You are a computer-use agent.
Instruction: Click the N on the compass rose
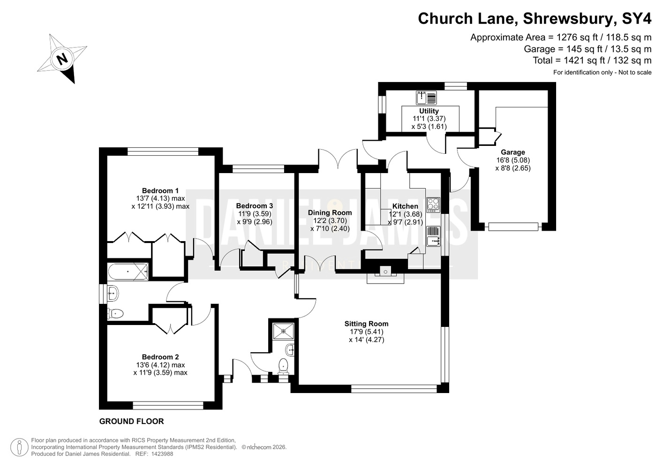pos(62,59)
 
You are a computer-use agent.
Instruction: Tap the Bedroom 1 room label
pos(160,191)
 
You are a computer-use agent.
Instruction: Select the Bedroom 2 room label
pos(160,357)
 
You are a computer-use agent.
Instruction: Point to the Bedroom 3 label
pos(255,206)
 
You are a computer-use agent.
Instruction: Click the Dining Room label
pos(330,212)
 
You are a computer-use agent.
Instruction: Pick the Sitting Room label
pos(366,324)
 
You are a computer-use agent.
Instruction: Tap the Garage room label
pos(513,152)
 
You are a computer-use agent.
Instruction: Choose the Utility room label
pos(429,111)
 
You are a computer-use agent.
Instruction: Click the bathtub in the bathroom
pos(128,272)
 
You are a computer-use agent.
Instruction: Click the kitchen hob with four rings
pos(433,204)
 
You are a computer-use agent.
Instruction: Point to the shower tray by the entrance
pos(283,331)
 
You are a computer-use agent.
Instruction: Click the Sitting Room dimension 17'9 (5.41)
pos(366,332)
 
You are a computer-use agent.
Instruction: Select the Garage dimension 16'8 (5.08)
pos(513,160)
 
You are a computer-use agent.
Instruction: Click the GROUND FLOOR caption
pos(131,421)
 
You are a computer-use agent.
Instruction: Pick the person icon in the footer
pos(19,447)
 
